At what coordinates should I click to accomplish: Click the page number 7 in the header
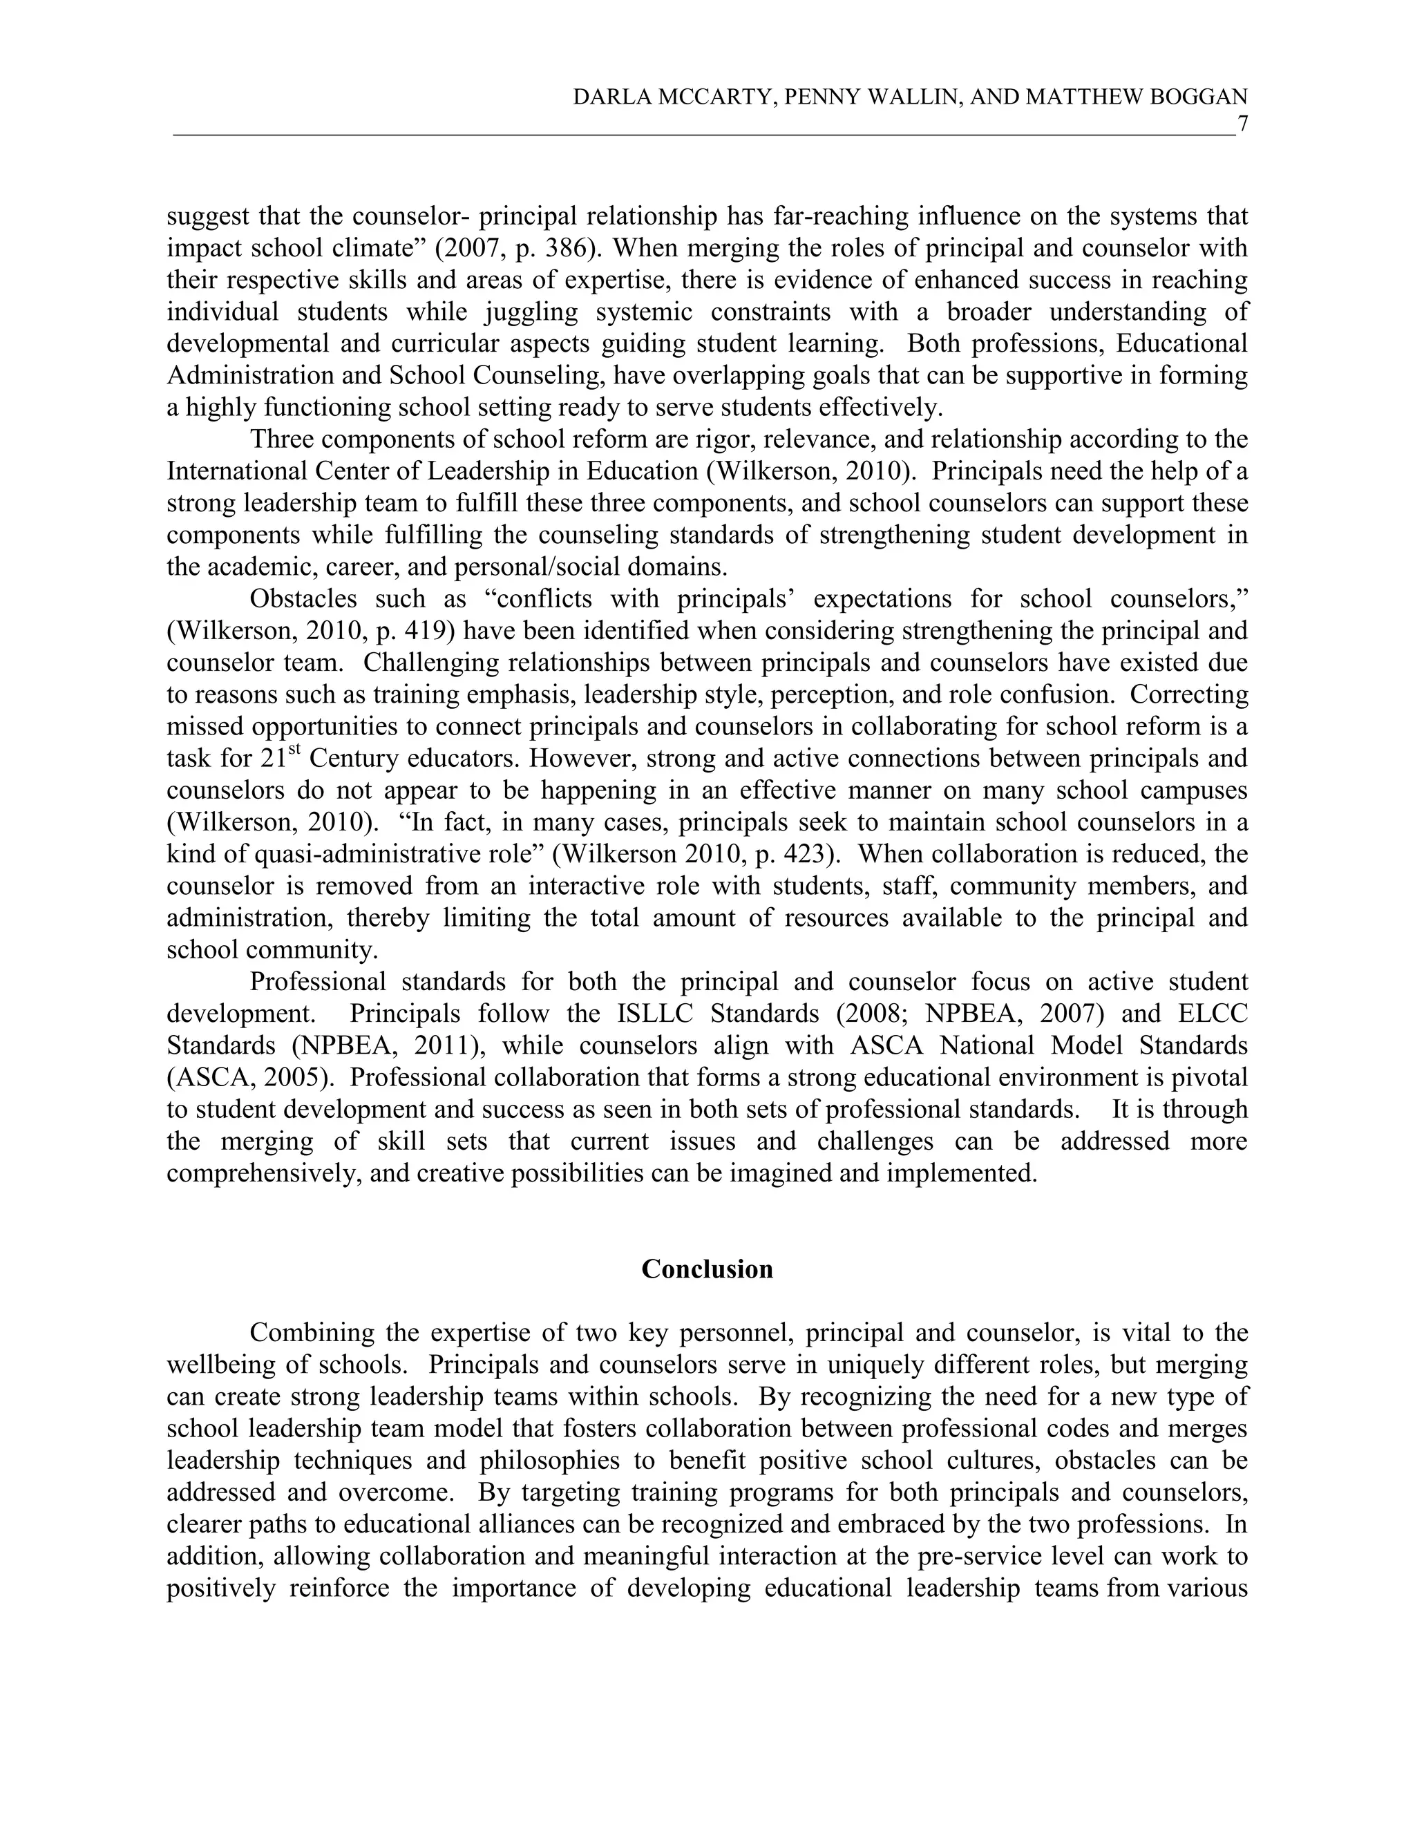tap(1242, 124)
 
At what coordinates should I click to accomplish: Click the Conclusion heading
tap(707, 1269)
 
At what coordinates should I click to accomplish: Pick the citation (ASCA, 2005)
tap(245, 1077)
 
